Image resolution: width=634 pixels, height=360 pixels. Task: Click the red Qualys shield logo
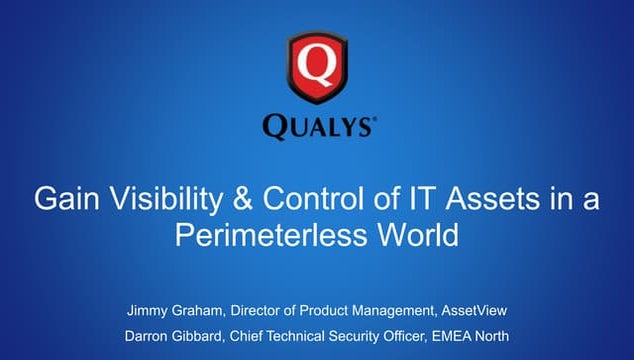316,68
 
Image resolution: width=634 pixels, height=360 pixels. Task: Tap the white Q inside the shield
316,65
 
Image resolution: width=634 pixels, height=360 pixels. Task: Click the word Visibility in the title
159,200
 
